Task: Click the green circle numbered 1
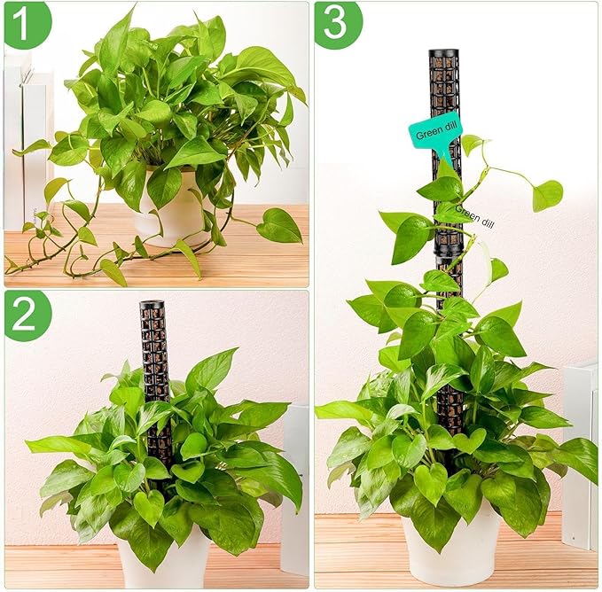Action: coord(27,24)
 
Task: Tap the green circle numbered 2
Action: coord(27,315)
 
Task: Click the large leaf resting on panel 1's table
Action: coord(279,226)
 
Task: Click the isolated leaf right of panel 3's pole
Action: coord(546,195)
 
